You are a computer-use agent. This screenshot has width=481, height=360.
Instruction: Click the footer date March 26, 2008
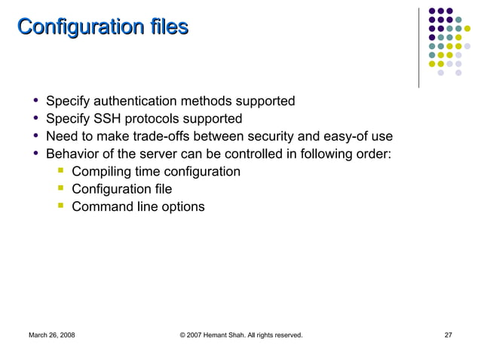[51, 334]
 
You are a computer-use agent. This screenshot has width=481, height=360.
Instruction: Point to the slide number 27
[449, 334]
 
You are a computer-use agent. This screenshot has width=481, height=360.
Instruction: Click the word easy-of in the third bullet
[346, 137]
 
